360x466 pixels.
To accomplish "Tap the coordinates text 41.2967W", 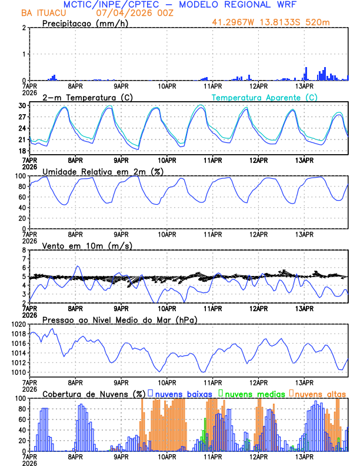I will [x=231, y=22].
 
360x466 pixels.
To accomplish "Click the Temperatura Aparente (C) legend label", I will [x=265, y=97].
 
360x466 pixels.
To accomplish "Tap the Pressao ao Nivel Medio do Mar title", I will [x=119, y=319].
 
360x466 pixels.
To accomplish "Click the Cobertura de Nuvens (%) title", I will [x=94, y=394].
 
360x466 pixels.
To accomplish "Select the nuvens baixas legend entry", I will [x=184, y=394].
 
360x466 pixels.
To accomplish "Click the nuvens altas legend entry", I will [x=321, y=394].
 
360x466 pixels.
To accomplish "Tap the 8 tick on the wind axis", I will [x=25, y=250].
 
